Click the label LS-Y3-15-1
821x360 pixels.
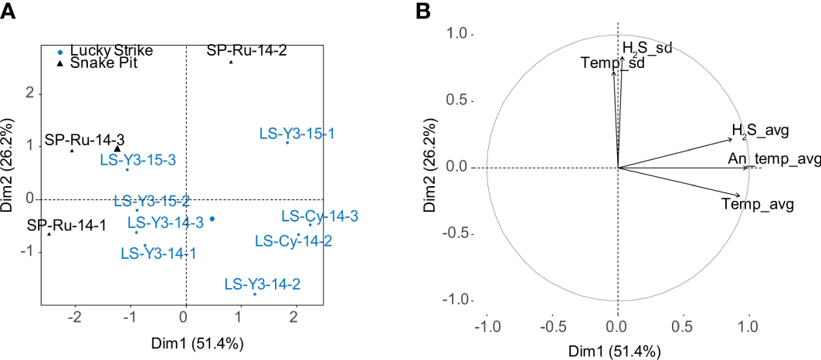297,134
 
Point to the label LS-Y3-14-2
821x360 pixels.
262,284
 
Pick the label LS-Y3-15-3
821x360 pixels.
138,160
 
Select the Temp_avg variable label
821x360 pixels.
752,205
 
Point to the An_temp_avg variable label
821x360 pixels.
773,159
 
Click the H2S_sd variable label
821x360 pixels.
647,49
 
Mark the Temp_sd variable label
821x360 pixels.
612,63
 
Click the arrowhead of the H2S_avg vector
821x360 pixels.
729,139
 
